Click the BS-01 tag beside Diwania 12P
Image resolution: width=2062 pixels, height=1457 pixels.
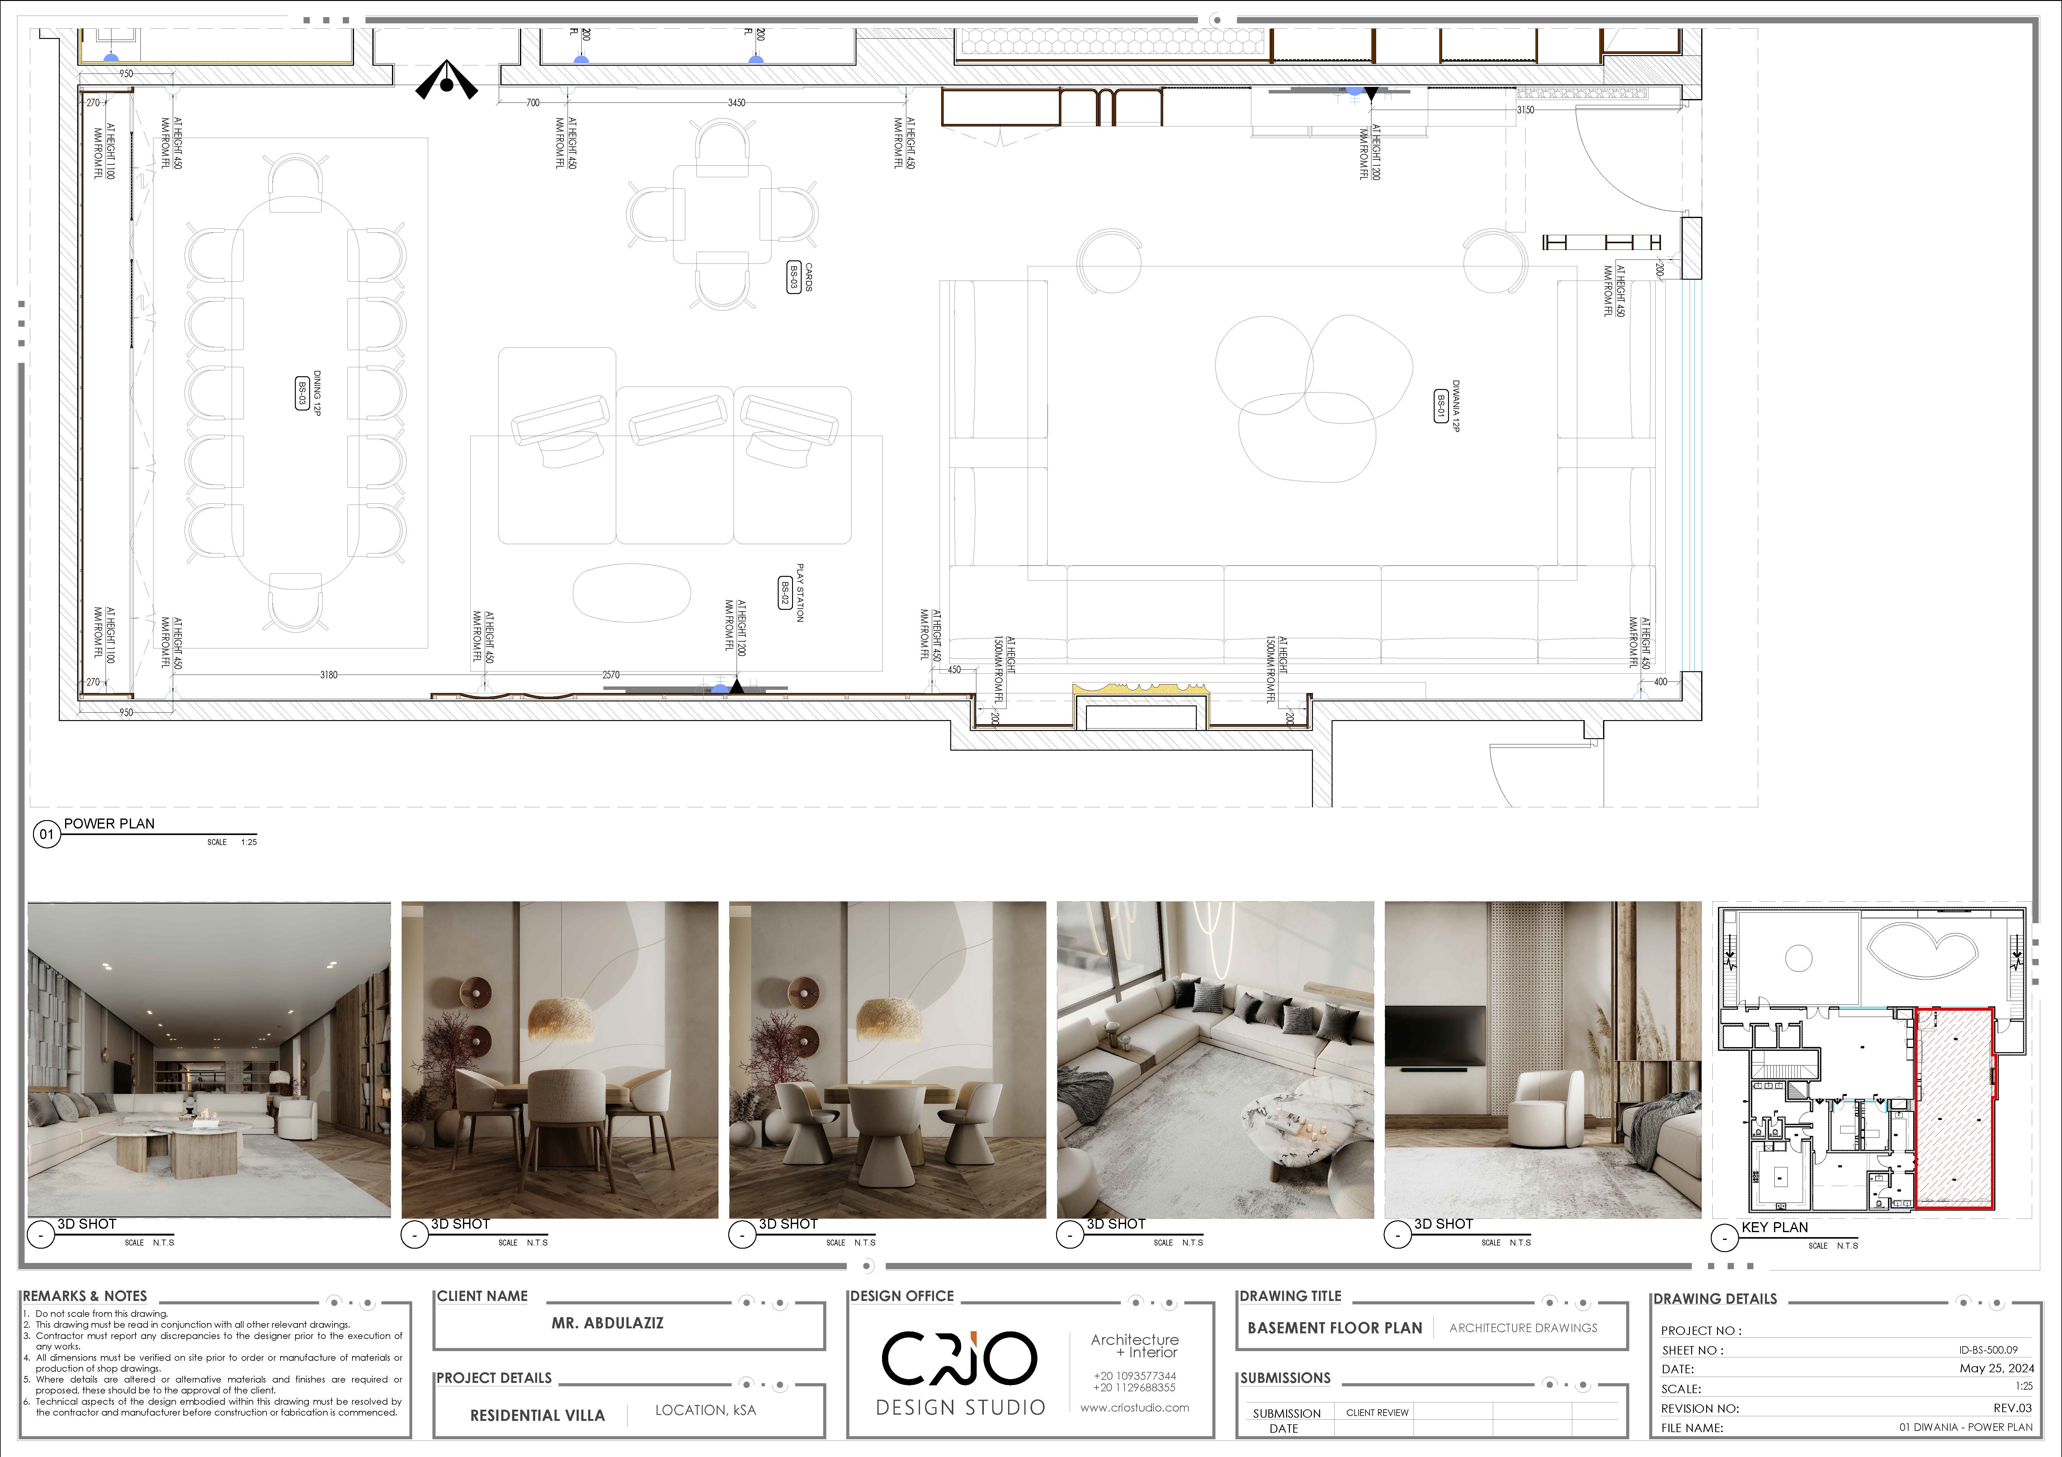point(1441,405)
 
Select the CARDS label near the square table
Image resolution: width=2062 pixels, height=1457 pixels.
point(808,277)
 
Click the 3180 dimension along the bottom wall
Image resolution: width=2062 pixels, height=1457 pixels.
point(329,675)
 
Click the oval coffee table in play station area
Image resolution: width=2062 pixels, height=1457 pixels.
point(631,593)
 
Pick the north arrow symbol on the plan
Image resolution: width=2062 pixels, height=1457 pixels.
point(446,81)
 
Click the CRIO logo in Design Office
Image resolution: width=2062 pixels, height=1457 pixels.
point(959,1358)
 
